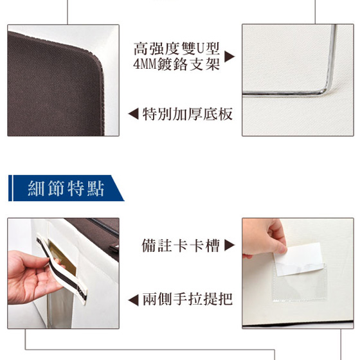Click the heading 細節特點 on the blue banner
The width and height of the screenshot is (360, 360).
(x=66, y=188)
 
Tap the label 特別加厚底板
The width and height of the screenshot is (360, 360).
(x=187, y=114)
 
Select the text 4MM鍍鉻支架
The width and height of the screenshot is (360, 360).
(x=176, y=64)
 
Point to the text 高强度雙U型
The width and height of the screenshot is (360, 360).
(x=176, y=48)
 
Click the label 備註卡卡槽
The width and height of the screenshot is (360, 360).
(x=181, y=246)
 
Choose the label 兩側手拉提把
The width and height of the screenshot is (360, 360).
(x=187, y=300)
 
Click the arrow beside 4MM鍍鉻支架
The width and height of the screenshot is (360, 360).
(x=229, y=57)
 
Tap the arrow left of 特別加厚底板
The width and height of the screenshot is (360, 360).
(x=134, y=114)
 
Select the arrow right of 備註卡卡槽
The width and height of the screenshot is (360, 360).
(x=230, y=245)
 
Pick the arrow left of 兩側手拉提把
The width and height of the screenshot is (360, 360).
(x=134, y=300)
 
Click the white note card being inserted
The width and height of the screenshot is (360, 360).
(x=298, y=259)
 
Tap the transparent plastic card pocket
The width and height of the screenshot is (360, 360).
(x=299, y=282)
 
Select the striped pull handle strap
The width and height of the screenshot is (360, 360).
(x=62, y=269)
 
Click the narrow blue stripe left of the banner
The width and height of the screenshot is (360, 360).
(x=10, y=188)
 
